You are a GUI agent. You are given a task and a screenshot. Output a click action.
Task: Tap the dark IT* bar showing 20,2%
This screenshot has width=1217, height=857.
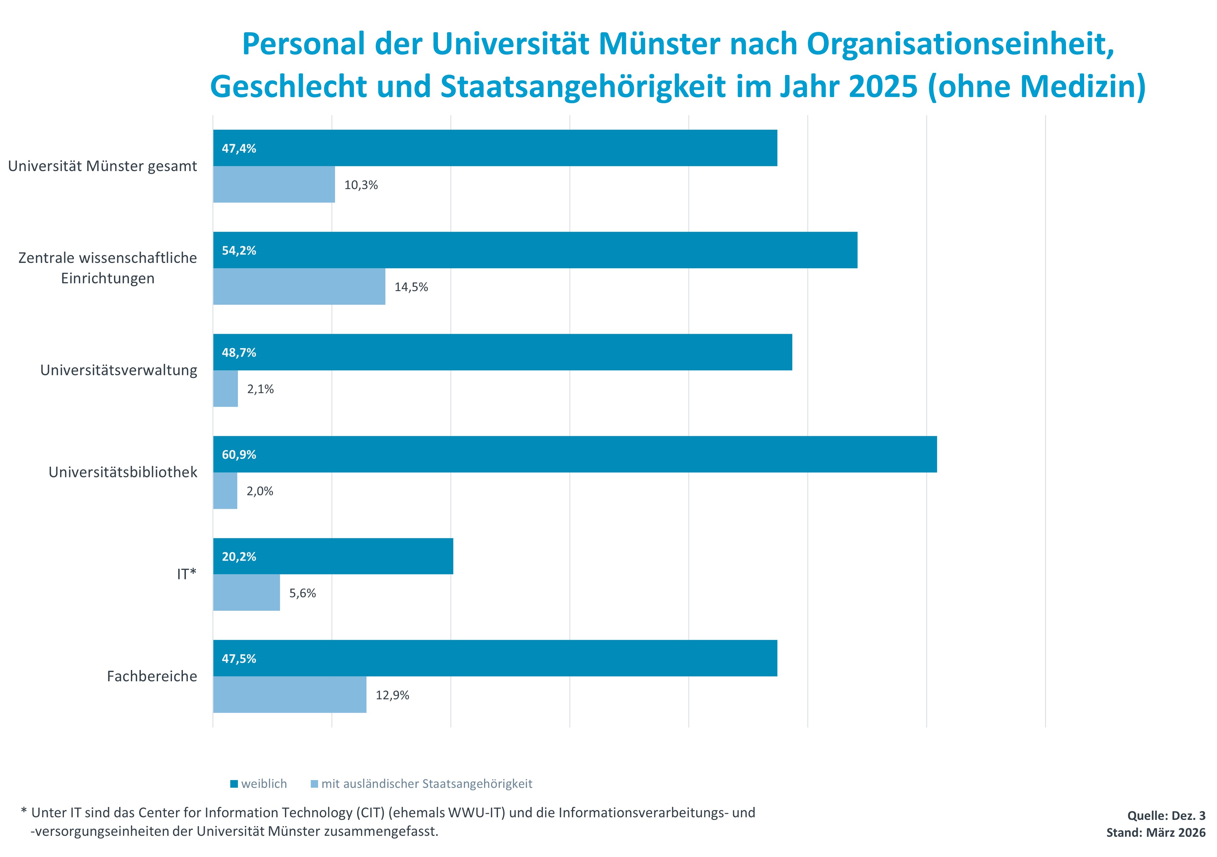(x=333, y=556)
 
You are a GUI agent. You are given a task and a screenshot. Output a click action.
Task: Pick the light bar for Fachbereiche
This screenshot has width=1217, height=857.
(x=289, y=695)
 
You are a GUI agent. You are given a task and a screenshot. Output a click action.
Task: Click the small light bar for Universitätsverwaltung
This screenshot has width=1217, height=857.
(x=225, y=389)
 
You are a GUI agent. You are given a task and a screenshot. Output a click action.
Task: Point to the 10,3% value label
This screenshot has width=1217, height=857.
(x=361, y=185)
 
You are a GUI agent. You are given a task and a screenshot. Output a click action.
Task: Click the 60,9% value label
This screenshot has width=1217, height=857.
(x=239, y=455)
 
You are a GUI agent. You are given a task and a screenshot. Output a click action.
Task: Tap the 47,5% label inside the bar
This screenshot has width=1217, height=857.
(x=239, y=659)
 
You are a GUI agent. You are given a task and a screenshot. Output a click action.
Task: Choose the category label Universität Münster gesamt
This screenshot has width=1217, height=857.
(x=102, y=166)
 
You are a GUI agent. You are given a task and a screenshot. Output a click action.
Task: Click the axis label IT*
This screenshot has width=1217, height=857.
(x=187, y=574)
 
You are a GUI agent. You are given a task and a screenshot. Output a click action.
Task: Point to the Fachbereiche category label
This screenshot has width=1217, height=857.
(x=152, y=676)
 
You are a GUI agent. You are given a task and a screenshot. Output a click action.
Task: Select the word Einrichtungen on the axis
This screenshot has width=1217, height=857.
(x=108, y=278)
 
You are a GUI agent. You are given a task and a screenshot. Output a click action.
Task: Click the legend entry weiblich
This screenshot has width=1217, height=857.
(x=263, y=784)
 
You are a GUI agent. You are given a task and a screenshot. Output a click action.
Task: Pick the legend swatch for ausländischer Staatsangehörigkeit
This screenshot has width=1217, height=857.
(x=314, y=784)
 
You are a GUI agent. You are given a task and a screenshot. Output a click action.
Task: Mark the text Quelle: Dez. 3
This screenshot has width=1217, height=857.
(x=1166, y=816)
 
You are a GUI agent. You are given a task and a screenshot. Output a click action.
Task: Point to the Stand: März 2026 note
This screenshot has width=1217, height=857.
(x=1155, y=832)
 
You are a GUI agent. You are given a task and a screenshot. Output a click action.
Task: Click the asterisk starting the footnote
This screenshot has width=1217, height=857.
(x=24, y=811)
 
